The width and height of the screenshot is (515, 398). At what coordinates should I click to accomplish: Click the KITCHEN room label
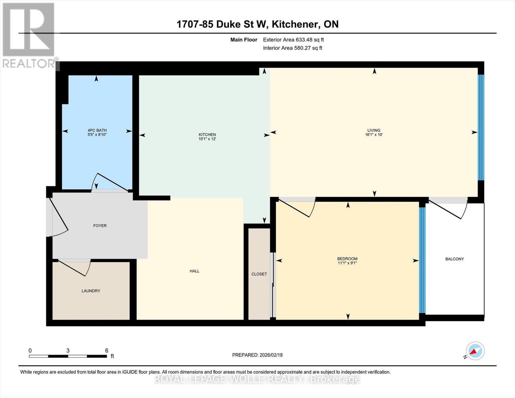tap(207, 134)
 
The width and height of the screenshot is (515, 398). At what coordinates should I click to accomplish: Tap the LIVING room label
tap(374, 130)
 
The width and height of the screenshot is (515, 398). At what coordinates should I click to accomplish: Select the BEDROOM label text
tap(347, 259)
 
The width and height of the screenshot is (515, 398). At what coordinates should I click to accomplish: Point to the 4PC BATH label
tap(97, 130)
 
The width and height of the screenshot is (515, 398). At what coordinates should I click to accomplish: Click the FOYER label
tap(100, 226)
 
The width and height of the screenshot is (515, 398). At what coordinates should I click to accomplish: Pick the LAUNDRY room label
tap(91, 291)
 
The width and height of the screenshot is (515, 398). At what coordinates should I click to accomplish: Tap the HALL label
tap(194, 271)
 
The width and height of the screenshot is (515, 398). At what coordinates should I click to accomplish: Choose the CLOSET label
tap(259, 274)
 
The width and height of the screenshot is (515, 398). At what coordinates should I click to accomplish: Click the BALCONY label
tap(455, 259)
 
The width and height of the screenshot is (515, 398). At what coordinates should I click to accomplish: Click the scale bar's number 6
tap(107, 351)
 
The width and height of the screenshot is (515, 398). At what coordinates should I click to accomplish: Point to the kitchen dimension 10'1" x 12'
tap(207, 139)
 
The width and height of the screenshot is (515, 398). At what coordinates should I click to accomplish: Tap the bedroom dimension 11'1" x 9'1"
tap(347, 263)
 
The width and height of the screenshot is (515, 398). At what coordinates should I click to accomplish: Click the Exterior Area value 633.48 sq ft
tap(310, 40)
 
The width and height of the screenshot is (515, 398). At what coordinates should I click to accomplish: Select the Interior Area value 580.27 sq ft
tap(308, 48)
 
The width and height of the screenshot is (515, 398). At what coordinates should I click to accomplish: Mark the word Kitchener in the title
tap(295, 24)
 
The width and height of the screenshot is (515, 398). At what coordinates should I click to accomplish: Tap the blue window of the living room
tap(481, 128)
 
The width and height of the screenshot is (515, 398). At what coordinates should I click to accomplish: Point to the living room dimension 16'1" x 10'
tap(374, 135)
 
